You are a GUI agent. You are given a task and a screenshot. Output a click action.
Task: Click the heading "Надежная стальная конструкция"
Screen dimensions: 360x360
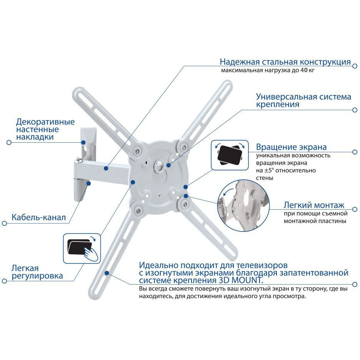(285, 62)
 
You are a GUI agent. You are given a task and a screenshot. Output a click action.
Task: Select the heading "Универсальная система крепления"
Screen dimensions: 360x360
(303, 100)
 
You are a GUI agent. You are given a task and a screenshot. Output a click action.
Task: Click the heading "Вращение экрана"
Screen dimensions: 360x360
(291, 147)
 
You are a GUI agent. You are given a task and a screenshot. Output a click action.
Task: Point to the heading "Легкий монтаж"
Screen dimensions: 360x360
(314, 205)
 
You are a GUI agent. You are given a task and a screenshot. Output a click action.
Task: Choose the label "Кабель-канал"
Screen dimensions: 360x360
(38, 217)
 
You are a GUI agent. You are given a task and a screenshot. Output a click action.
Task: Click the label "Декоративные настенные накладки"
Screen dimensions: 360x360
(45, 129)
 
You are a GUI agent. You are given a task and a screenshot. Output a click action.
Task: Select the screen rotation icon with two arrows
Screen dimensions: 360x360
(230, 155)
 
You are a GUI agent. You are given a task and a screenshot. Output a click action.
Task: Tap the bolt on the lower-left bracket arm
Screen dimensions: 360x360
(137, 210)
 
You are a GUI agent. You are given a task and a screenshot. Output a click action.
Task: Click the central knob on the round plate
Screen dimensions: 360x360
(159, 165)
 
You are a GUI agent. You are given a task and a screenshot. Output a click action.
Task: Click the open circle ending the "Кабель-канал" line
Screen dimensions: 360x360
(5, 223)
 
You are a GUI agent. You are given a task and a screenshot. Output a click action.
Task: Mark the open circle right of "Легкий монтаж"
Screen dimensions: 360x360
(355, 209)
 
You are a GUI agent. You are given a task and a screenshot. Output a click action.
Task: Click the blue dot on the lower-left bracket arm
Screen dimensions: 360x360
(106, 273)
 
